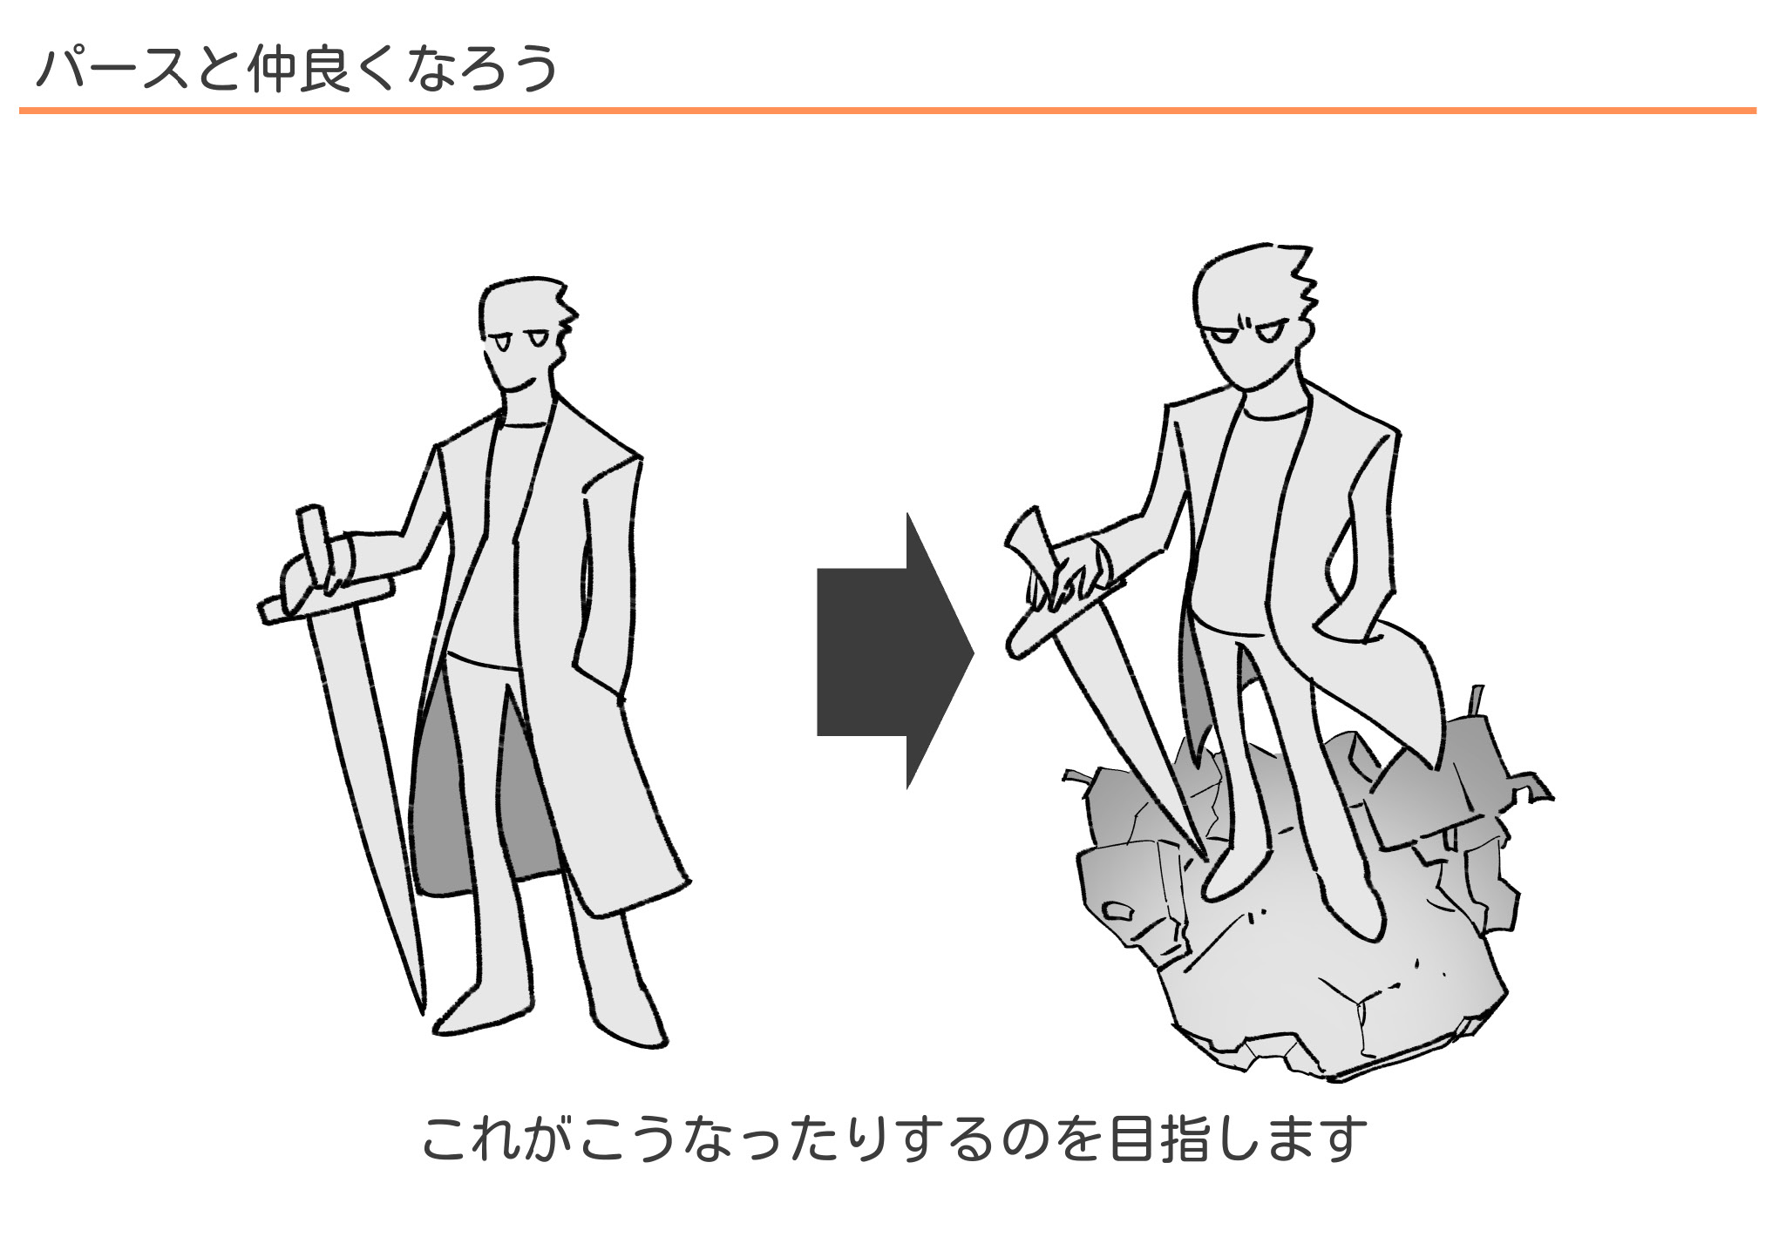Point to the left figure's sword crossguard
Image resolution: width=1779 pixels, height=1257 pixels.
pos(326,600)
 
